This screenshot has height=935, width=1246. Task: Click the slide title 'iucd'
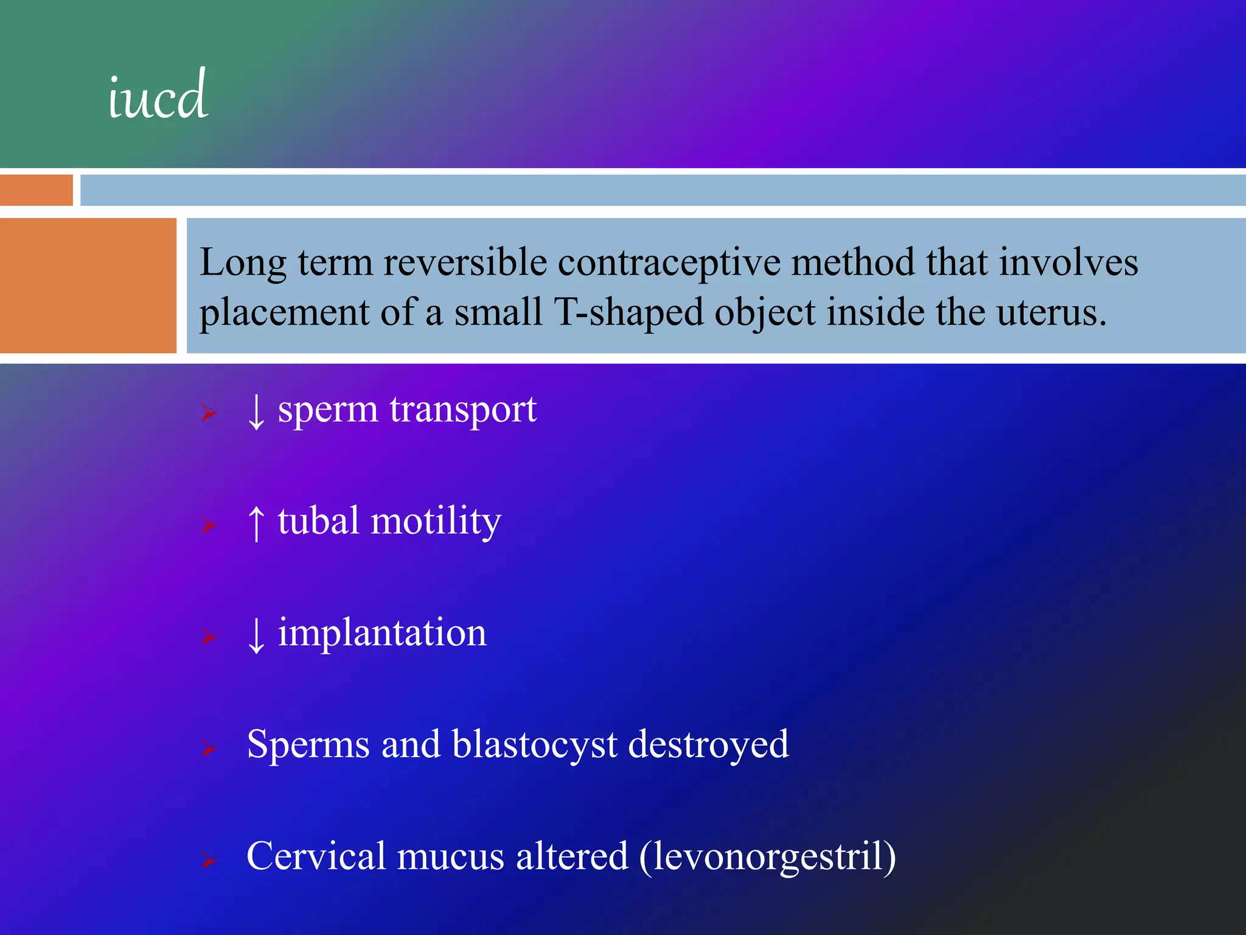pos(158,96)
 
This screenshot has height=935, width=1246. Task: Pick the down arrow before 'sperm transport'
pos(256,411)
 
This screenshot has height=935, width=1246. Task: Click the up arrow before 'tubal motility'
pos(256,523)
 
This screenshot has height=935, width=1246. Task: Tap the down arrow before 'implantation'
pos(256,635)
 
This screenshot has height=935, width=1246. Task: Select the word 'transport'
pos(463,410)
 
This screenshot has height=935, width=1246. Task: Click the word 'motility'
pos(436,522)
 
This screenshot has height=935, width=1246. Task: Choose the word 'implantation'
pos(382,634)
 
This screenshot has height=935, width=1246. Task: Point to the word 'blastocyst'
pos(534,745)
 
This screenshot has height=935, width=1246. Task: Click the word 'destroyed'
pos(708,744)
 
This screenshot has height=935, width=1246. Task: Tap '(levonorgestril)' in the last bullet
pos(768,857)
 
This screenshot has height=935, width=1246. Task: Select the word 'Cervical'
pos(316,856)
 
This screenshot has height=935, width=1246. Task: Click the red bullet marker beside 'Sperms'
pos(209,749)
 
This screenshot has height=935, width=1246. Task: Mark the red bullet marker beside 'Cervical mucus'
pos(209,860)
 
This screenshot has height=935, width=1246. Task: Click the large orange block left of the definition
pos(88,285)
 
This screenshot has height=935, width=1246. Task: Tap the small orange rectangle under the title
pos(36,190)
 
